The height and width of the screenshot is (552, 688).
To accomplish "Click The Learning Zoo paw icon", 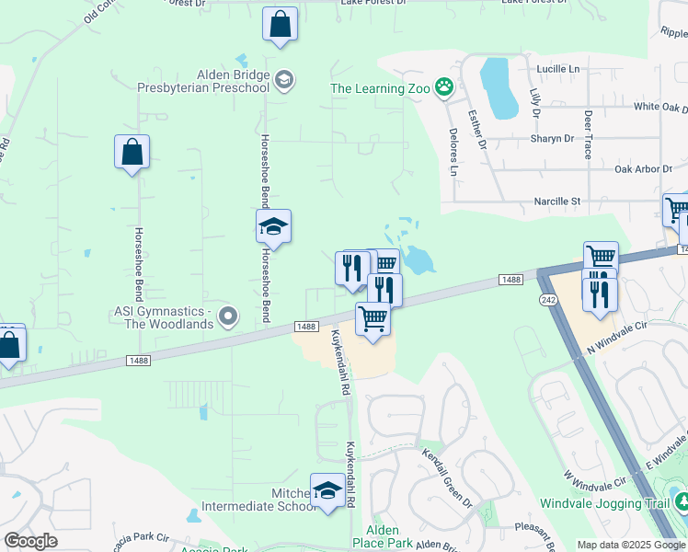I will click(x=445, y=88).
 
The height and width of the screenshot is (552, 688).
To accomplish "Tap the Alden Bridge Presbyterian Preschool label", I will click(x=233, y=82).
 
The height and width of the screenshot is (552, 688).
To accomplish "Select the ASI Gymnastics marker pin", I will click(x=229, y=317).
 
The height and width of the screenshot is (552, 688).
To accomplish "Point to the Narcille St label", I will click(x=558, y=201).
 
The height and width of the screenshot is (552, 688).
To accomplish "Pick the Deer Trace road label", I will click(x=588, y=134).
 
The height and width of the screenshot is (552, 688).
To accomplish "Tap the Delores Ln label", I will click(x=453, y=152).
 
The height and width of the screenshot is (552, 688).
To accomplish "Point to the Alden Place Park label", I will click(x=383, y=537).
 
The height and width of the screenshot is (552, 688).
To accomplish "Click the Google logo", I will click(x=30, y=541).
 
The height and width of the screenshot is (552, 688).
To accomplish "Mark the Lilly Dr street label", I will click(x=533, y=101).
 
